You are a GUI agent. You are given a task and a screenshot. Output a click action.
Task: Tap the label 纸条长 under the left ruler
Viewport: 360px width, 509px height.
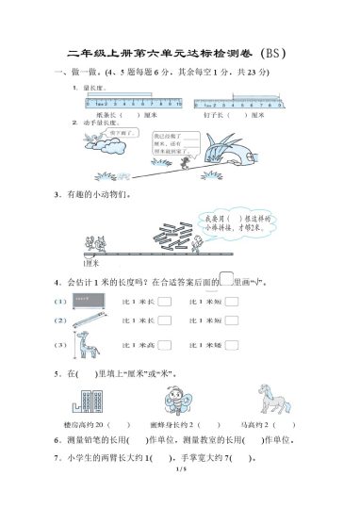[104, 116]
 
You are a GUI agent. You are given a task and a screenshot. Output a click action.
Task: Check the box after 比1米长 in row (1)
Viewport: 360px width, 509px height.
[164, 302]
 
